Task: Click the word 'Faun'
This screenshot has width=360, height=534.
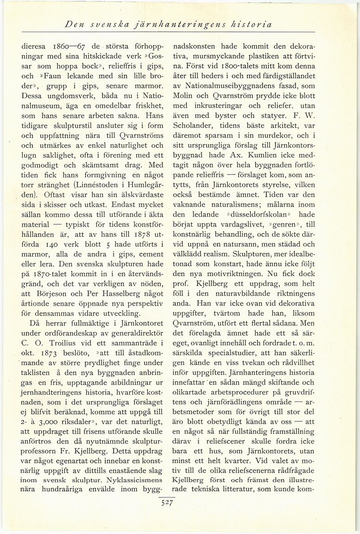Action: [x=55, y=76]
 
